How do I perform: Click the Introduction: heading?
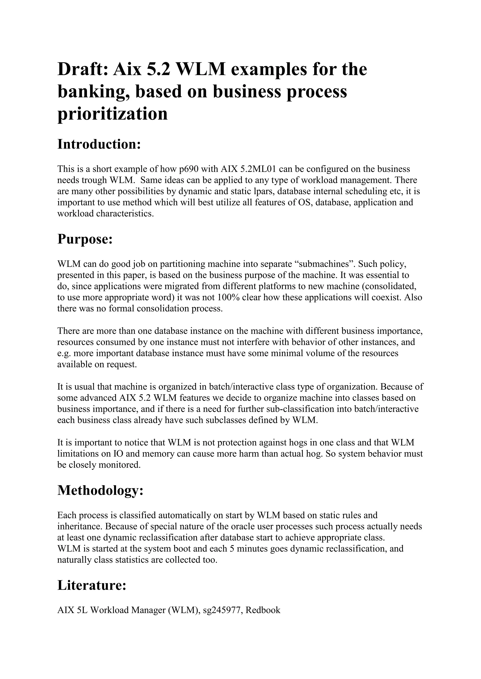(99, 144)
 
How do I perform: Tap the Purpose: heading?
(85, 239)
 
